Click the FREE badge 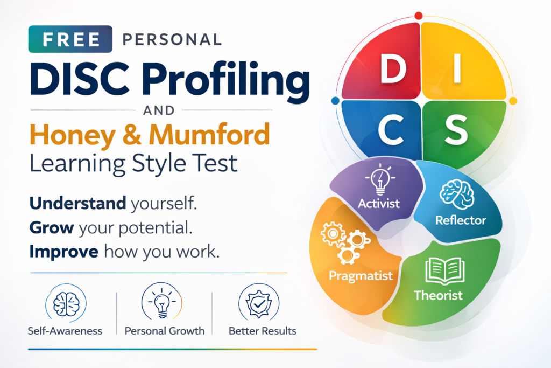click(70, 39)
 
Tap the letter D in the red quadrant click(393, 70)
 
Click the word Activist click(379, 203)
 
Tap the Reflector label click(461, 220)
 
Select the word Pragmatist click(361, 276)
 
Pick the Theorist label click(438, 295)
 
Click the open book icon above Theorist click(445, 270)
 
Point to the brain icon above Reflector click(456, 194)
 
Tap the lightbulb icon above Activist click(380, 179)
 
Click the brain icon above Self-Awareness click(66, 304)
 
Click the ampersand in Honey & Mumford click(132, 135)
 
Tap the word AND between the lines click(159, 110)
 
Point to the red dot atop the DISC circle click(418, 16)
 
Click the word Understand click(77, 203)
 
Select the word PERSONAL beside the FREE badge click(172, 39)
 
